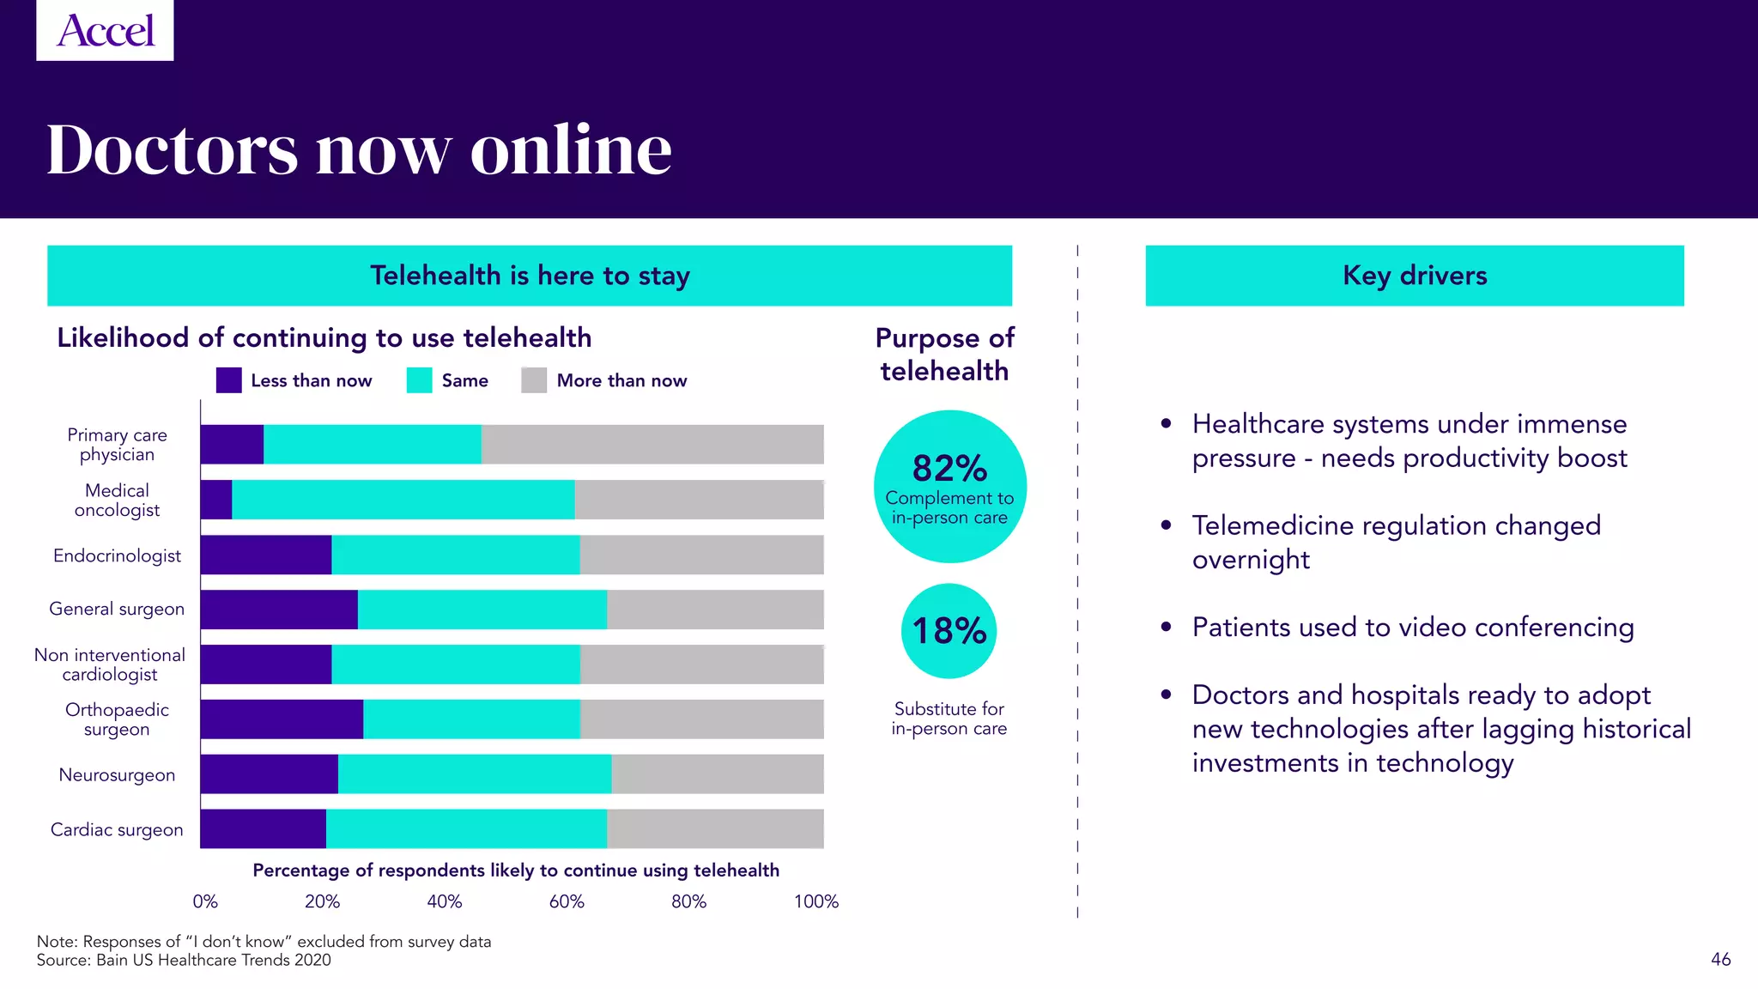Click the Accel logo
(105, 30)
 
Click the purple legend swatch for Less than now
(228, 380)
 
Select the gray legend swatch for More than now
(533, 380)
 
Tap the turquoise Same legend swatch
(419, 380)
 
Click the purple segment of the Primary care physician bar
(232, 444)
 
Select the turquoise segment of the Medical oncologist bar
(403, 500)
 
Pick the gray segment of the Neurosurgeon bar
(717, 774)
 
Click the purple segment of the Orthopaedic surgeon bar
(282, 719)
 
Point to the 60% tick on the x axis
(567, 901)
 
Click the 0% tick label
(205, 901)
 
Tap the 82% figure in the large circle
(949, 469)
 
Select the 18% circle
(949, 631)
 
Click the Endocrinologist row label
(117, 555)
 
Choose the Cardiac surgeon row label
(117, 829)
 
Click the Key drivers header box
(1414, 276)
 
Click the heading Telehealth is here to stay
(530, 276)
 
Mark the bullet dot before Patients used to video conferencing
(1166, 627)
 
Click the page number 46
(1720, 959)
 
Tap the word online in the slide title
(571, 149)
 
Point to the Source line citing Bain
(184, 960)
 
